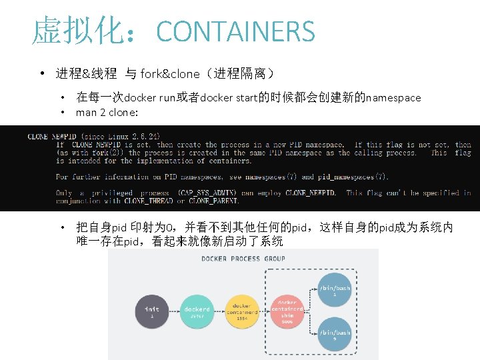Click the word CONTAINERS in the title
[x=235, y=31]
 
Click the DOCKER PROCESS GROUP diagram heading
[x=243, y=259]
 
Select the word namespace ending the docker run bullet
[x=393, y=98]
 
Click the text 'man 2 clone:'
[x=107, y=112]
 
